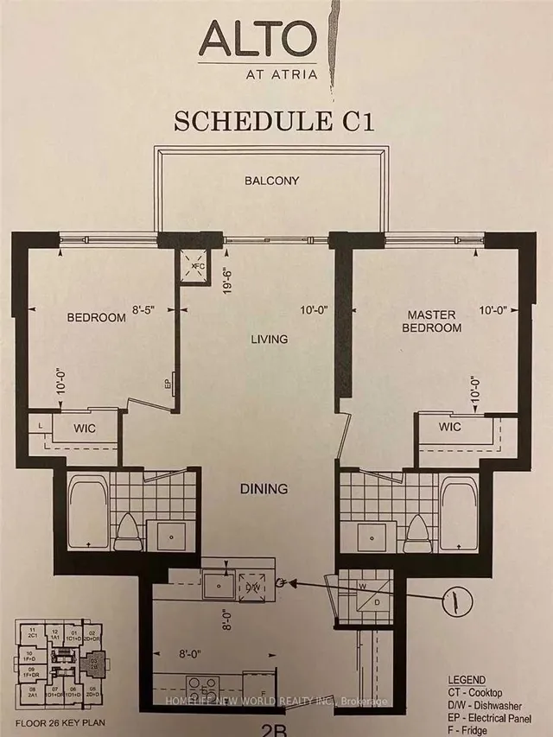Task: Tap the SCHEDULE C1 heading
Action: pyautogui.click(x=275, y=121)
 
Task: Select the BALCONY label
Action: pyautogui.click(x=271, y=181)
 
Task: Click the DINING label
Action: pyautogui.click(x=264, y=489)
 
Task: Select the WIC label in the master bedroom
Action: pyautogui.click(x=449, y=427)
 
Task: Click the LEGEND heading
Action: pyautogui.click(x=467, y=680)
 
